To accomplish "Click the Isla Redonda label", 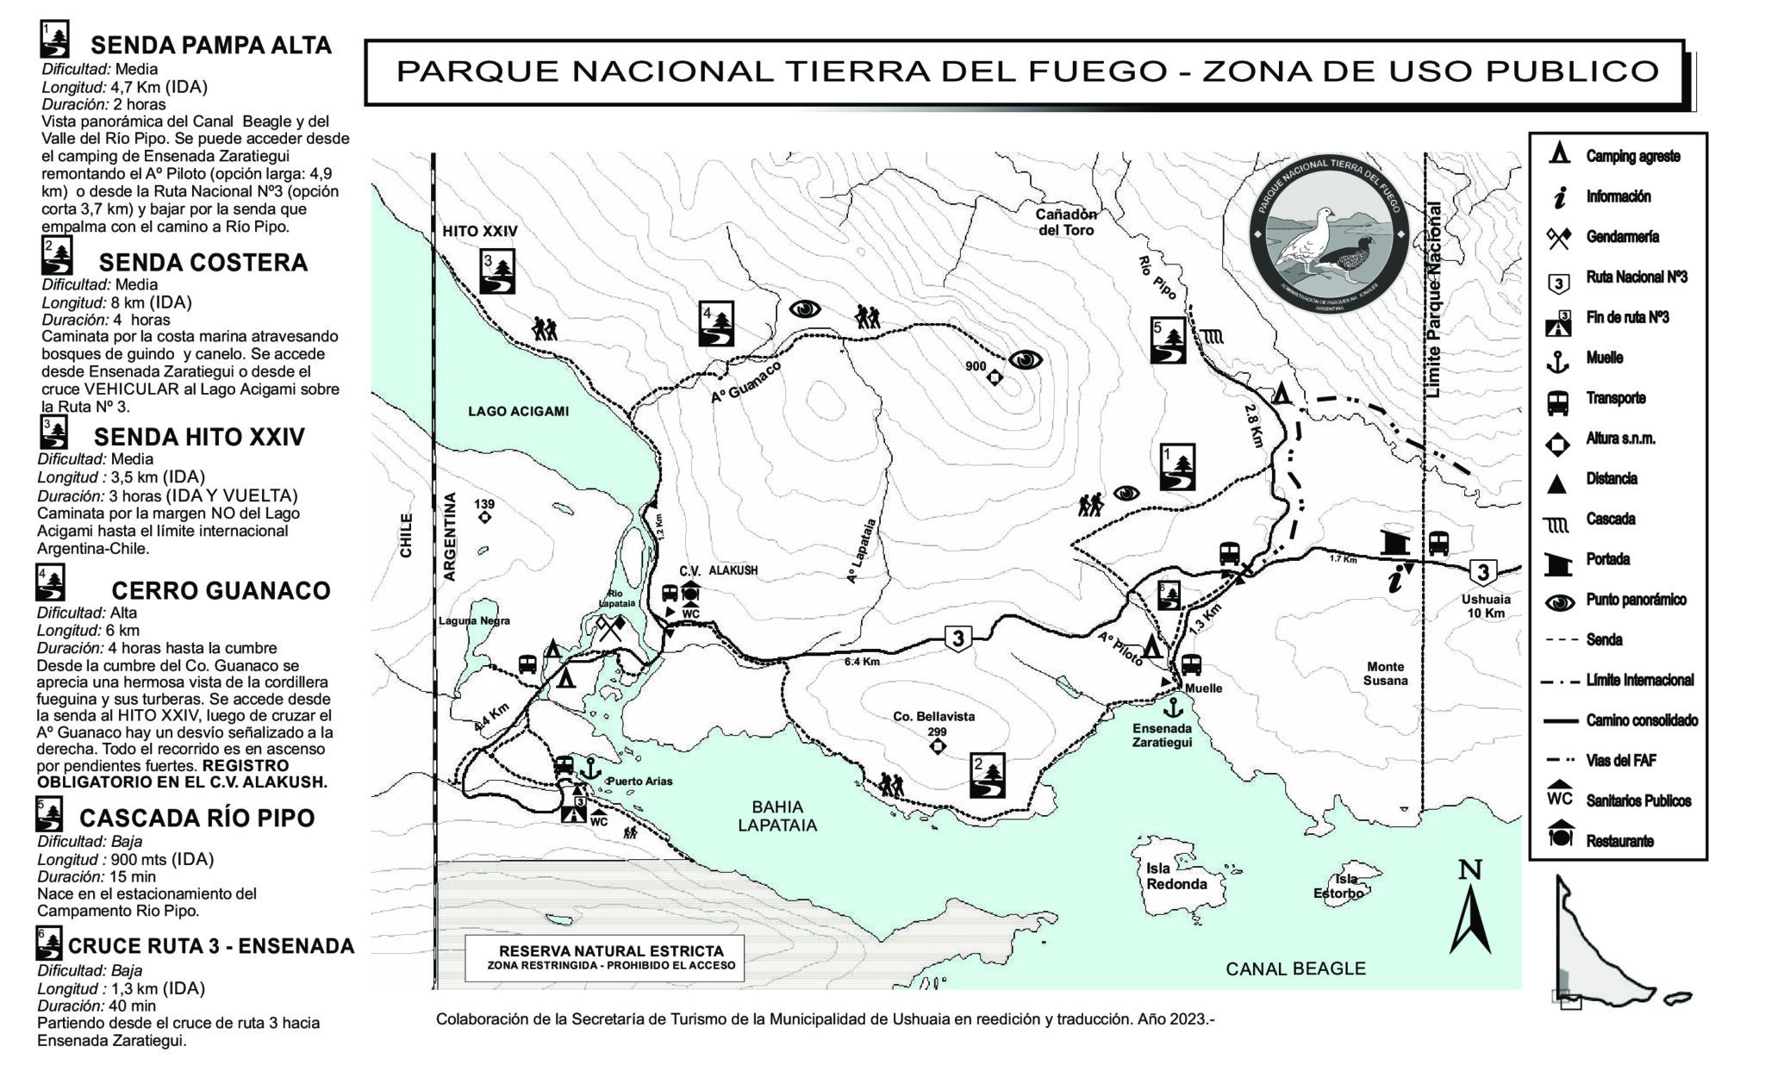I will click(x=1176, y=876).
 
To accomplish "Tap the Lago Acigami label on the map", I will click(x=518, y=411).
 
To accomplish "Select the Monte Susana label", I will click(x=1385, y=673).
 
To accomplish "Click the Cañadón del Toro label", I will click(x=1066, y=221).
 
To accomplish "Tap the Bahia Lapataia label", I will click(x=777, y=816).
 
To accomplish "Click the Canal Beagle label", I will click(x=1295, y=968).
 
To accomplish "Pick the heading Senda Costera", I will click(x=203, y=262).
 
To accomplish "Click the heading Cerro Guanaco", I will click(x=221, y=590).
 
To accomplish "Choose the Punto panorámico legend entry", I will click(x=1636, y=600).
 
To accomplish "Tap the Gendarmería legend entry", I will click(x=1622, y=237).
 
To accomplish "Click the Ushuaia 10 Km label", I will click(x=1486, y=606).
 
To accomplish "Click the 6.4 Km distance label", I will click(x=862, y=661).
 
